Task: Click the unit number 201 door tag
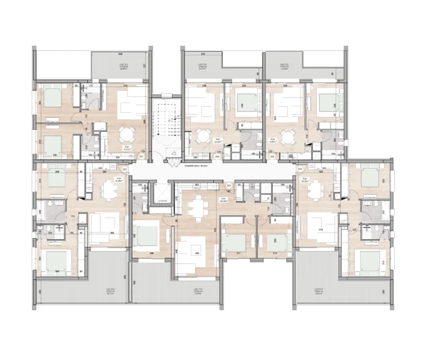141,157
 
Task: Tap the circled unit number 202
125,169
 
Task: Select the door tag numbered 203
229,185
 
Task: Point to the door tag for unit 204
300,168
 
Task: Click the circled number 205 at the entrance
272,157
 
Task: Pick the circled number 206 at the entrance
186,157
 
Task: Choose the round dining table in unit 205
288,136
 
